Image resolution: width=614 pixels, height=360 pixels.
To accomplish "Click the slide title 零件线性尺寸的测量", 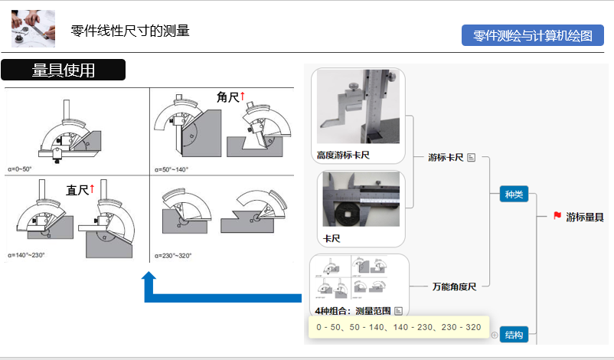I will (130, 31).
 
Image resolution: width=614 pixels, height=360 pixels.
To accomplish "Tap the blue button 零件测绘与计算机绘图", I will (533, 36).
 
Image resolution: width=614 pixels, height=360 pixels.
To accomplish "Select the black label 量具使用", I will (63, 70).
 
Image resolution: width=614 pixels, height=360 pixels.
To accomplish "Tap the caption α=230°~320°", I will (173, 255).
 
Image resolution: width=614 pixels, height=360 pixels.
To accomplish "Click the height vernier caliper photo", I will (359, 106).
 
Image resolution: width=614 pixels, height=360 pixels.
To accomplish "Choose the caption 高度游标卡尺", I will (343, 155).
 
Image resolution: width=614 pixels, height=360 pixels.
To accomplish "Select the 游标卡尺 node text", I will (446, 157).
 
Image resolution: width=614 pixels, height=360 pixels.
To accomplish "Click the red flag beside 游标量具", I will (557, 217).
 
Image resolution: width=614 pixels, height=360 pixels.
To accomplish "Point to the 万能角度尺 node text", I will (454, 286).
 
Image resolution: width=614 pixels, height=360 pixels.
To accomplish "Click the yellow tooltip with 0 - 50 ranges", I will (398, 327).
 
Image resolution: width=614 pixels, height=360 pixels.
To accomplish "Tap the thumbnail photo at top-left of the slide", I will (33, 28).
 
